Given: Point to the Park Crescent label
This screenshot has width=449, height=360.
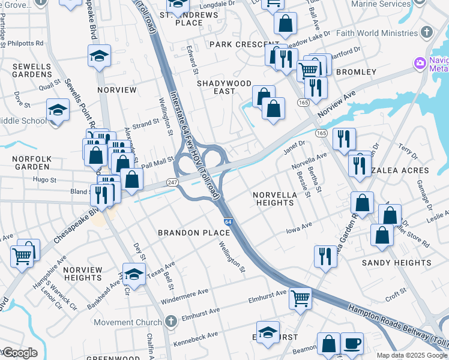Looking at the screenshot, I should pos(237,44).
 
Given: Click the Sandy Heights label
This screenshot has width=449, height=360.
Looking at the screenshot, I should pos(396,263).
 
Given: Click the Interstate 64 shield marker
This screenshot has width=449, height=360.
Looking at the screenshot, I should pos(228,222).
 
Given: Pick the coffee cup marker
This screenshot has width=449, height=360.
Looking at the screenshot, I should pos(352,343).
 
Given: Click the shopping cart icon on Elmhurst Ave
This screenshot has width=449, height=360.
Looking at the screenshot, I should pos(300,298).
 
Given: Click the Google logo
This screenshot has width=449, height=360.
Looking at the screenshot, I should pos(20,353).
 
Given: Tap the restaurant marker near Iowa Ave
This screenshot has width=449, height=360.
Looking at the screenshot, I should pos(325,256).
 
